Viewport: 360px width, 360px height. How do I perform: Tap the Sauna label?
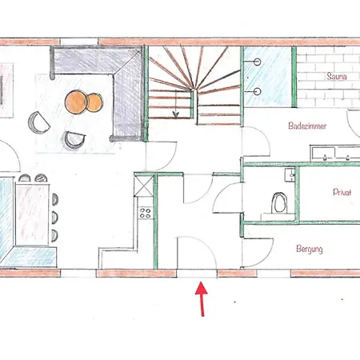[335, 77]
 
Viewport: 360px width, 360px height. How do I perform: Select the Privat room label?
[342, 193]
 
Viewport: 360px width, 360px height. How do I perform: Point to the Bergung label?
[309, 250]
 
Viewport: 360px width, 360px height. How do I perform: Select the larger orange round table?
[78, 100]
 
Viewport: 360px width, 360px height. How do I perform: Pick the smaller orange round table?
[96, 102]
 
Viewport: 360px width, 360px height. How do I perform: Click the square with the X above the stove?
[144, 189]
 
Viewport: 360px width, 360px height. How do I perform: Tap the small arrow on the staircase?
[174, 114]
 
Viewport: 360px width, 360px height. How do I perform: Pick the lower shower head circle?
[258, 91]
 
